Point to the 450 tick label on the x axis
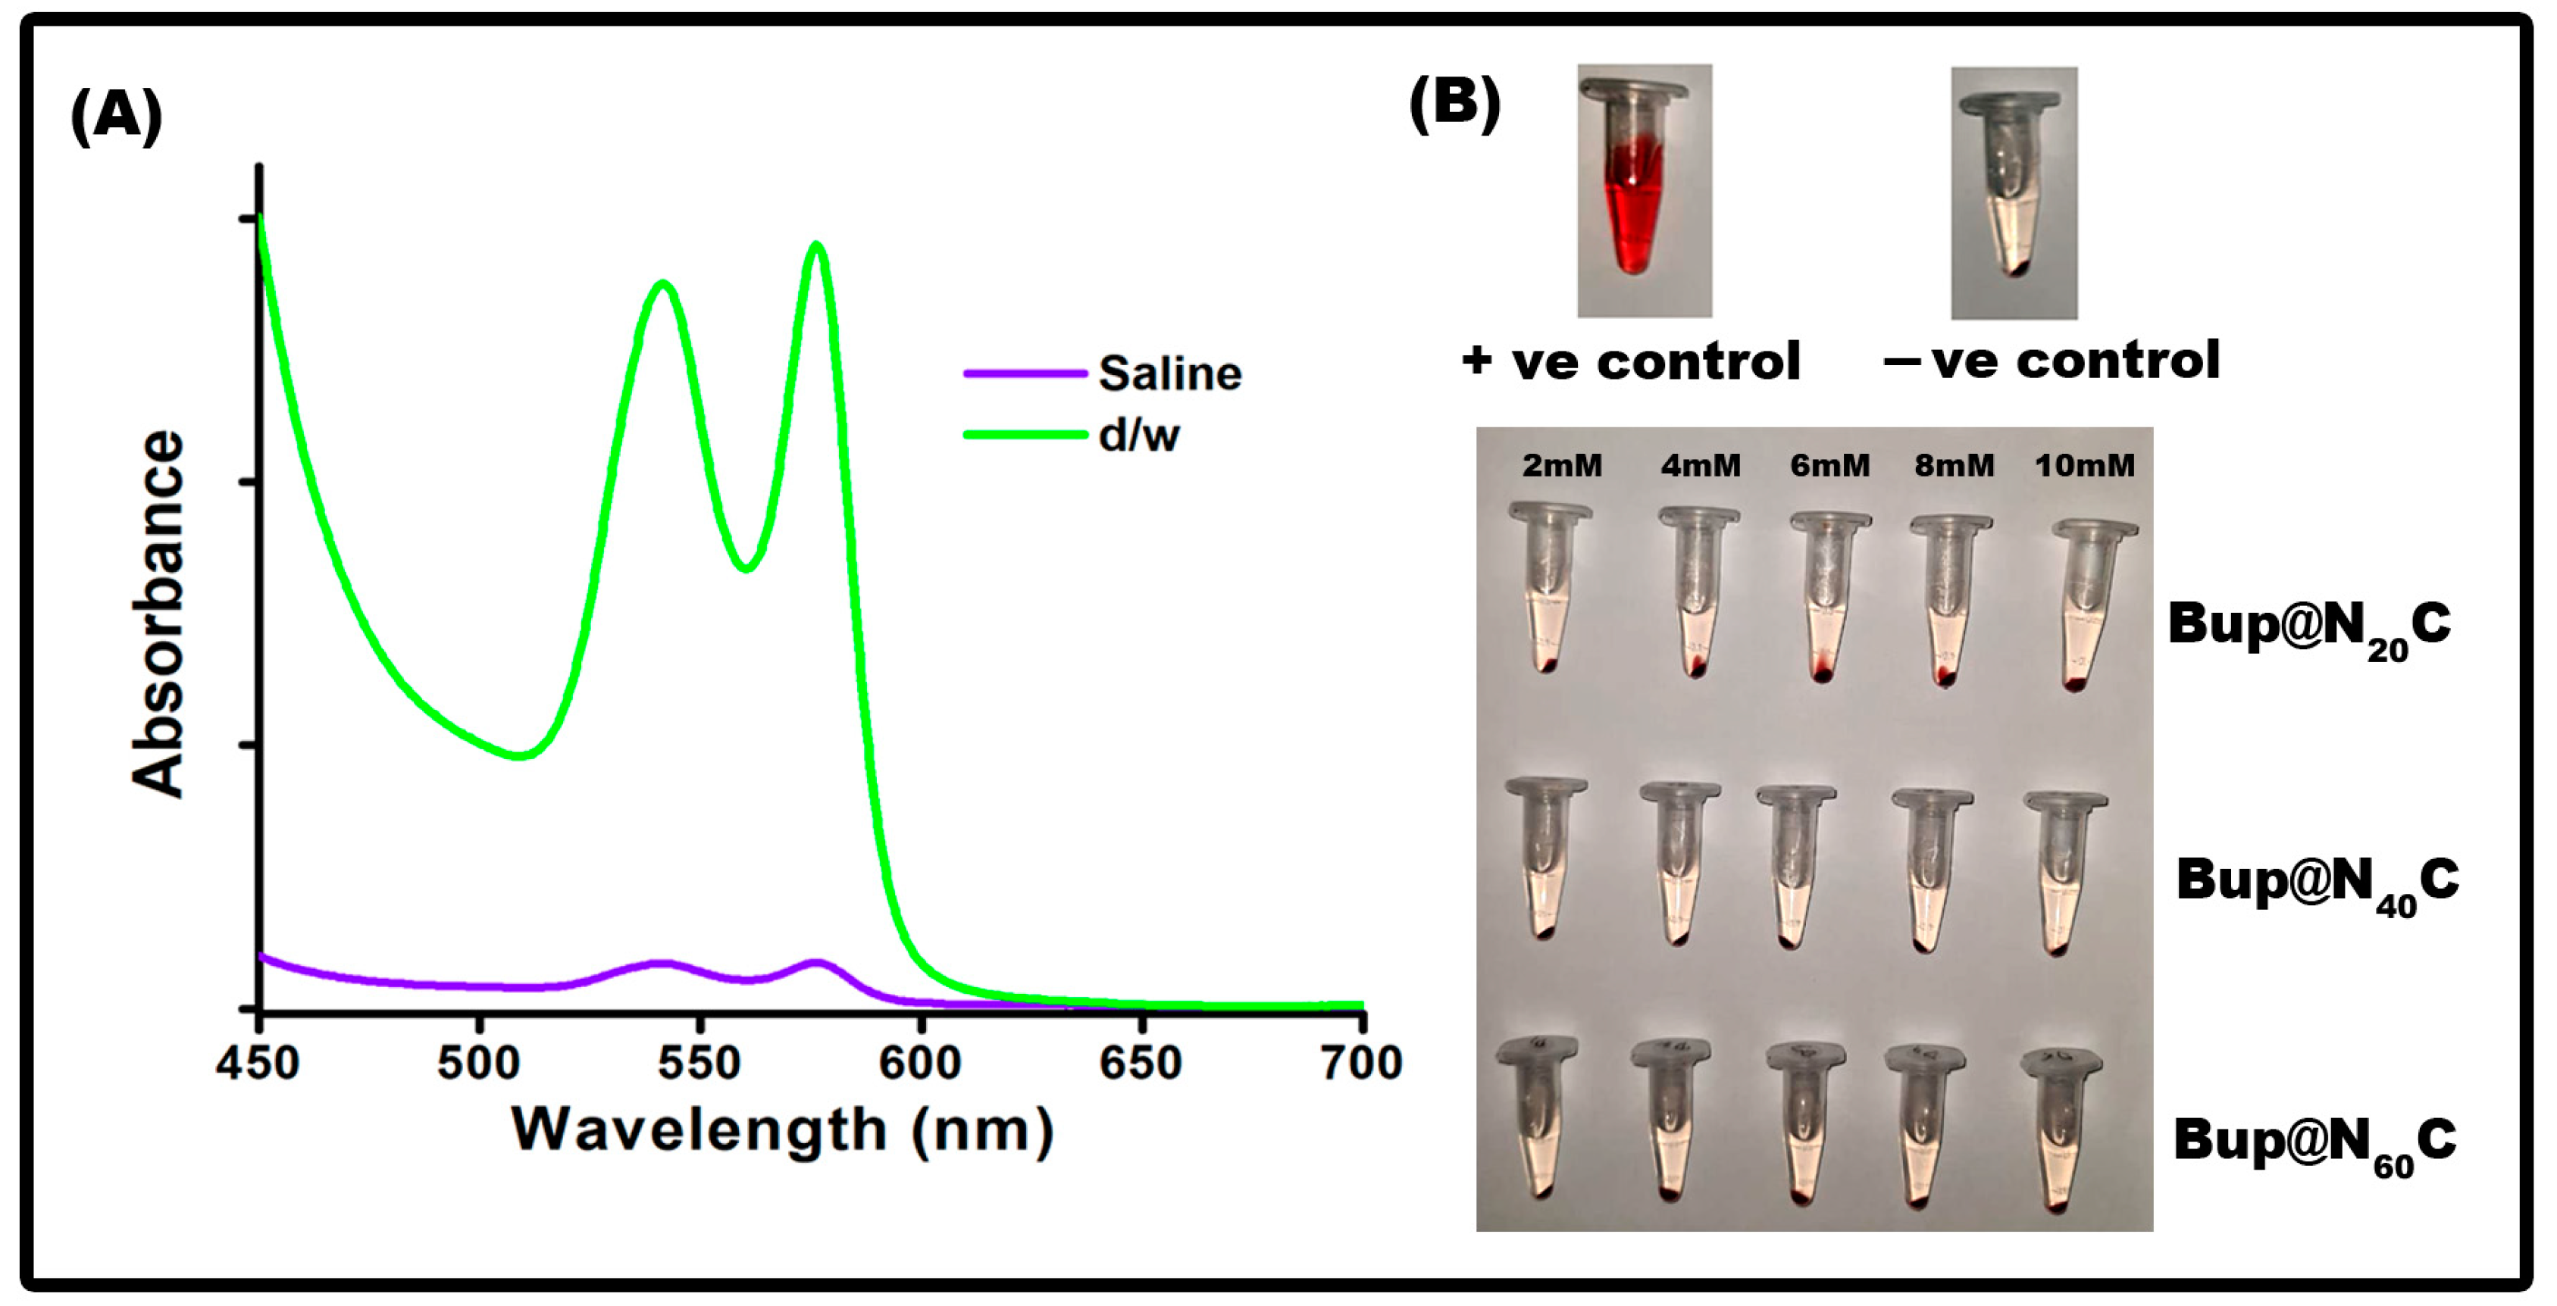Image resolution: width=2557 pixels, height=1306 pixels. point(258,1063)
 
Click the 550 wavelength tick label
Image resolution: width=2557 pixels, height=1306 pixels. point(699,1063)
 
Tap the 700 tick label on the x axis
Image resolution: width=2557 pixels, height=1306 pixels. point(1361,1063)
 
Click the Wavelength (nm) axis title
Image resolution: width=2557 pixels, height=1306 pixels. point(782,1129)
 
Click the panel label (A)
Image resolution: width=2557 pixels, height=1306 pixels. point(116,115)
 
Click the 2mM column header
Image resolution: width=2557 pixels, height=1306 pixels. point(1561,465)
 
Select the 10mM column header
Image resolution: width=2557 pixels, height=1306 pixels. point(2085,465)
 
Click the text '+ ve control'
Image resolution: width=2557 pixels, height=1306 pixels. point(1631,361)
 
